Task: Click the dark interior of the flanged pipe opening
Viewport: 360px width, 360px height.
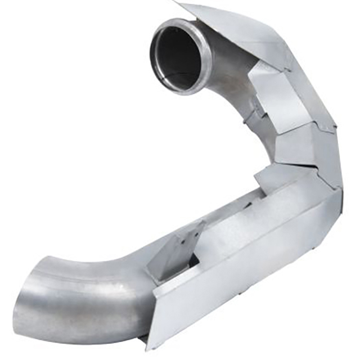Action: click(x=179, y=56)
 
